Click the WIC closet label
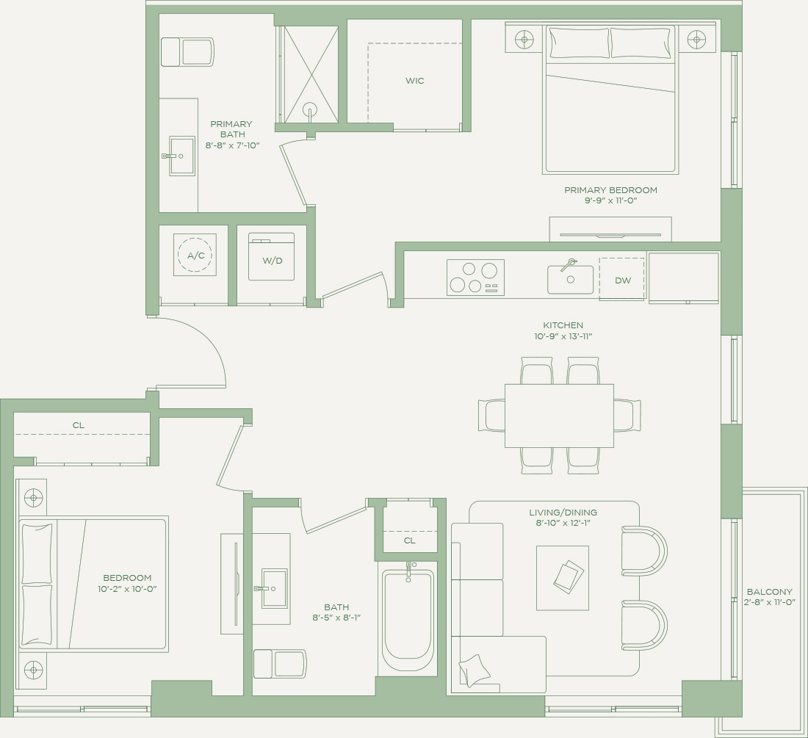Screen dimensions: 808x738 coord(415,81)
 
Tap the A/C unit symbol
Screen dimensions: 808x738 coord(195,255)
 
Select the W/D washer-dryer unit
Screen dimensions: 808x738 coord(272,256)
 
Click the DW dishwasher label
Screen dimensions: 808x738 coord(623,281)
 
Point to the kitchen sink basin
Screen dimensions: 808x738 coord(571,279)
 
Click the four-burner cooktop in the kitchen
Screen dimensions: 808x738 coord(475,278)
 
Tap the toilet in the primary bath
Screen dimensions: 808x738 coord(187,52)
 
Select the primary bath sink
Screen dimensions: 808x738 coord(182,156)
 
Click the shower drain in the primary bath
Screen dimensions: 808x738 coord(310,110)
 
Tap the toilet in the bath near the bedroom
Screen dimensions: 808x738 coord(280,663)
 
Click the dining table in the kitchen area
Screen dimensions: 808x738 coord(559,416)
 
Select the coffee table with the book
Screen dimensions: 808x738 coord(562,578)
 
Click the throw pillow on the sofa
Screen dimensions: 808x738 coord(475,670)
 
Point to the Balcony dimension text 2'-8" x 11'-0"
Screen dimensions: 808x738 coord(768,602)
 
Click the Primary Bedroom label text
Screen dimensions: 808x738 coord(610,190)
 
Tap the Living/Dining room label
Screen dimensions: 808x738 coord(563,513)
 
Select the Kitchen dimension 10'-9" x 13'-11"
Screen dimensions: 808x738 coord(563,336)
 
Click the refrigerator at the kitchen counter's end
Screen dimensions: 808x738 coord(683,278)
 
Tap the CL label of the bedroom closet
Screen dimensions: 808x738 coord(79,425)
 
